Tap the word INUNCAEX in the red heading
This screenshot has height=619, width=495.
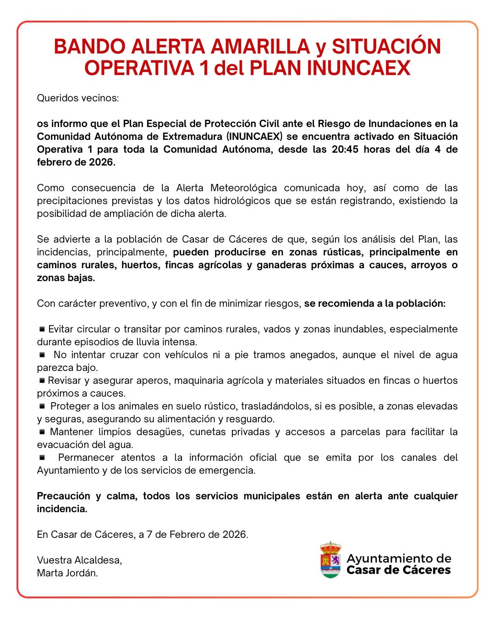tap(358, 68)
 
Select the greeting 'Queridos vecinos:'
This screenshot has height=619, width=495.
tap(78, 98)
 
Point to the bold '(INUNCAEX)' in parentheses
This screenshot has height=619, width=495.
tap(254, 137)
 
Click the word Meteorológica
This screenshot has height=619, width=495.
tap(244, 188)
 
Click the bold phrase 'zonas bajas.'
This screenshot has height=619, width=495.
tap(66, 278)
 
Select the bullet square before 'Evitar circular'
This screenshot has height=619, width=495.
tap(42, 329)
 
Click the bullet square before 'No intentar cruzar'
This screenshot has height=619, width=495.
tap(42, 354)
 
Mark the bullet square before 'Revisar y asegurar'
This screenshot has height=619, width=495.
tap(42, 380)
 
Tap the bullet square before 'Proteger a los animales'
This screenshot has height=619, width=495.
tap(42, 406)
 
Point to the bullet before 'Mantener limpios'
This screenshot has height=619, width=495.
tap(42, 431)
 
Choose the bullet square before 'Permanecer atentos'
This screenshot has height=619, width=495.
tap(42, 457)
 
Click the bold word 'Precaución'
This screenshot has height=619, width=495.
tap(64, 496)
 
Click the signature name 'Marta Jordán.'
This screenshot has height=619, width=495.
tap(67, 573)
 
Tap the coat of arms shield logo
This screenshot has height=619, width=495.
tap(330, 560)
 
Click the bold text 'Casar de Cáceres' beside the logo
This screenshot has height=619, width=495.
tap(399, 570)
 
